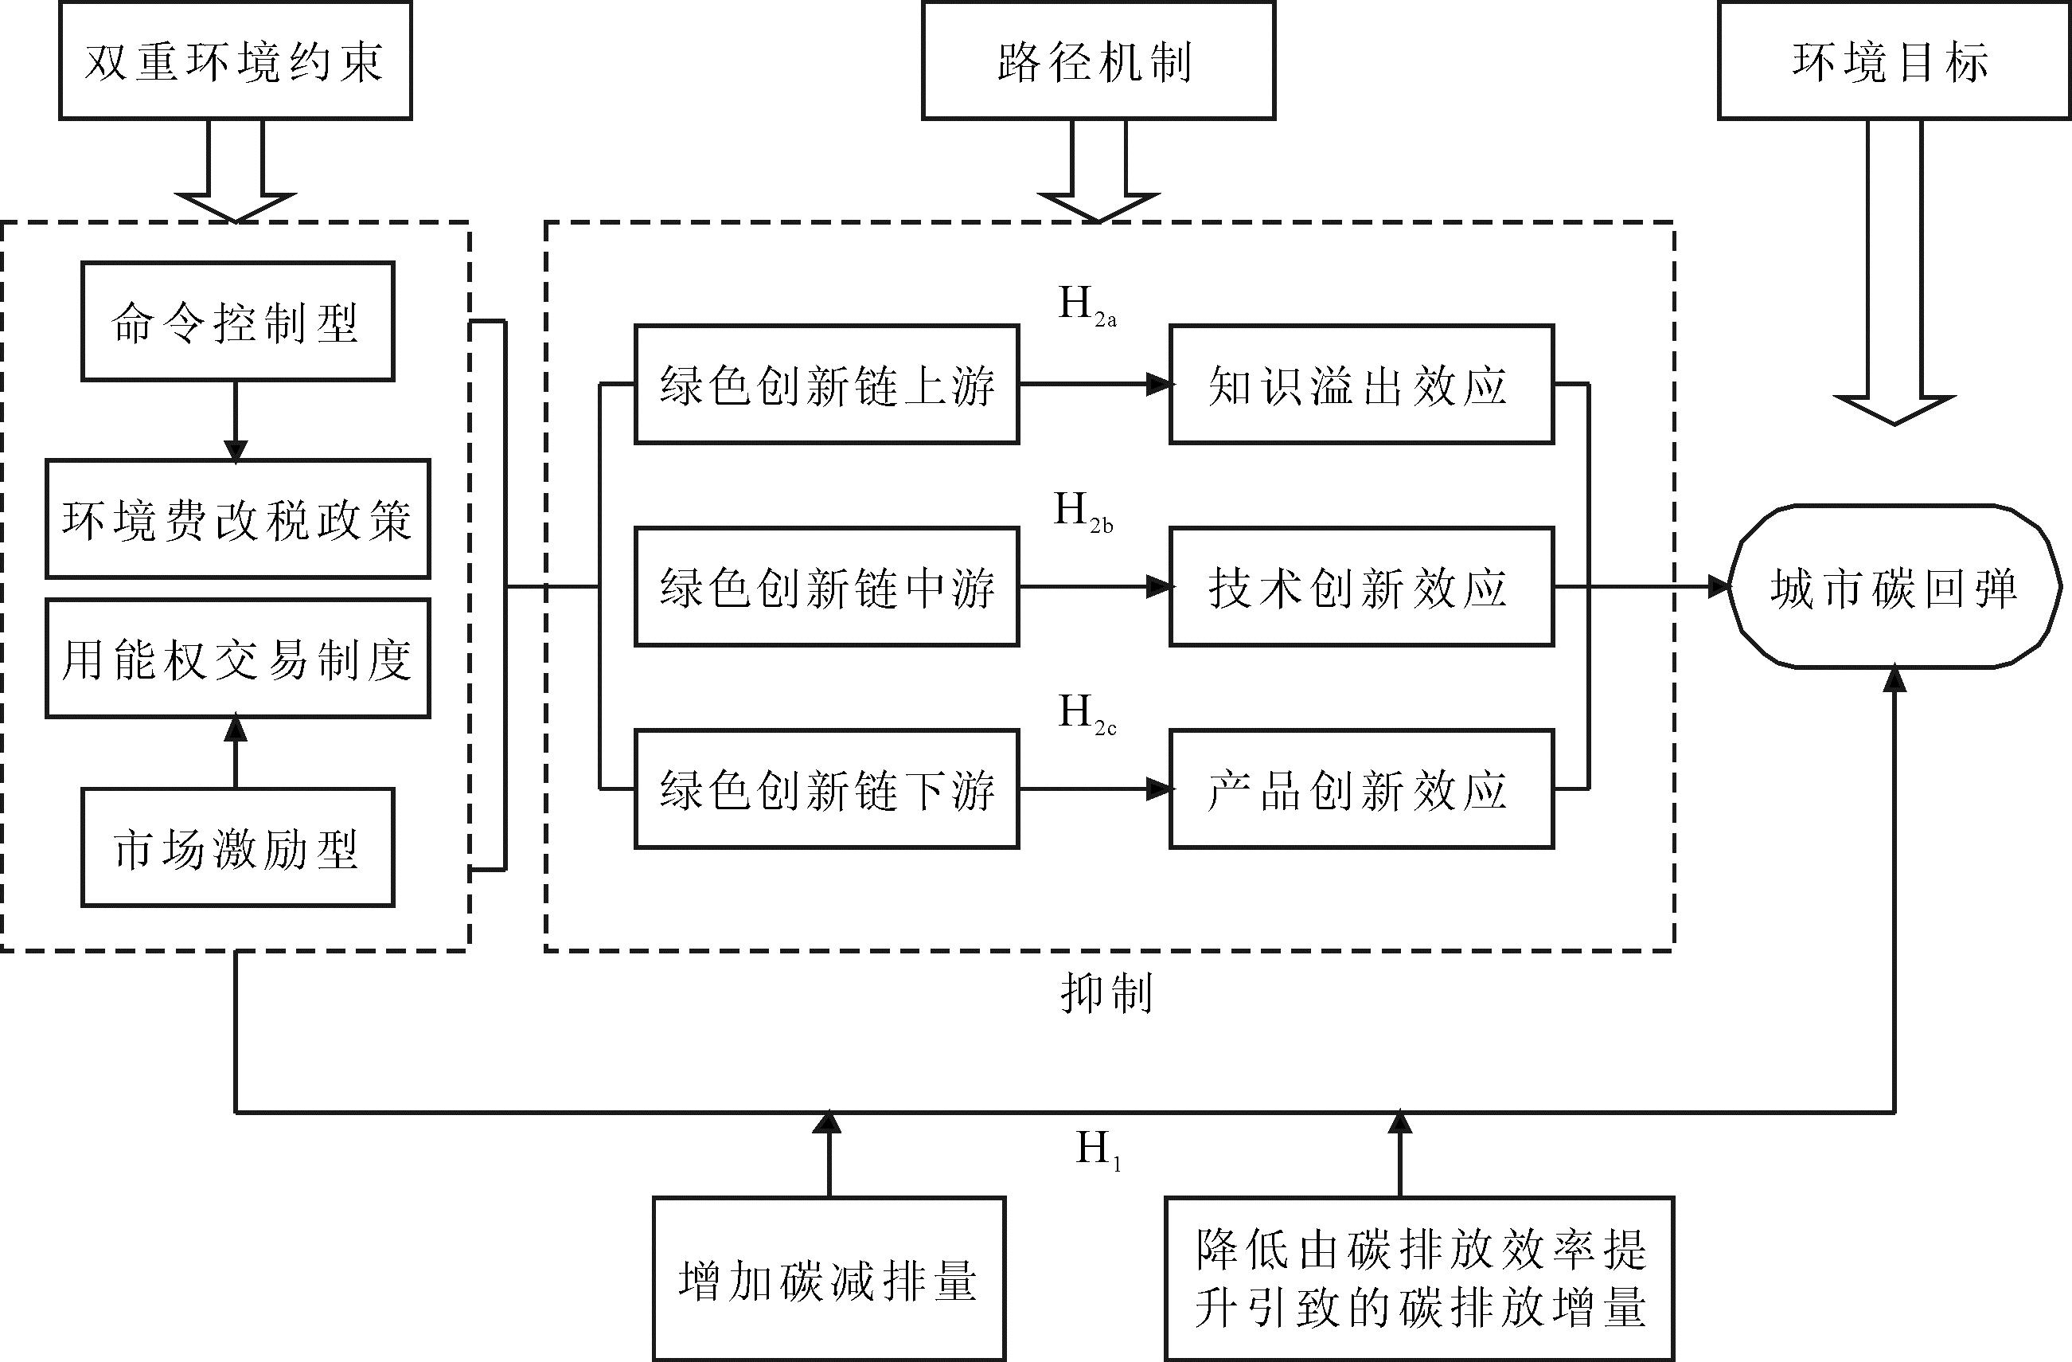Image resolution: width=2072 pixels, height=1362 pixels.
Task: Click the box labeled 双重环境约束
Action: [235, 61]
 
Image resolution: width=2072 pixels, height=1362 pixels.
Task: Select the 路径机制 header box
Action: [1098, 61]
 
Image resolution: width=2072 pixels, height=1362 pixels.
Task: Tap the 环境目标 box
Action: [1894, 61]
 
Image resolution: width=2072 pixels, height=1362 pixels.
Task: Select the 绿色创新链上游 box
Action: [826, 384]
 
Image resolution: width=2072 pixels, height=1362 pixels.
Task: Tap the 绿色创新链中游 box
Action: [826, 586]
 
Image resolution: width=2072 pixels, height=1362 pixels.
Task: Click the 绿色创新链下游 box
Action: [826, 789]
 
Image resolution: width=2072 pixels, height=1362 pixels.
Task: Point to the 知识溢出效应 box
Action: [1360, 384]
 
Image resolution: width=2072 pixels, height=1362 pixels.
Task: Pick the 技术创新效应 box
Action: [1360, 586]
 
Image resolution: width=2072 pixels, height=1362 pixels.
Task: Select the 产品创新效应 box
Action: [1360, 789]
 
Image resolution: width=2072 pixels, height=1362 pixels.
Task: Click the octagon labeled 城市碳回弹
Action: [1894, 587]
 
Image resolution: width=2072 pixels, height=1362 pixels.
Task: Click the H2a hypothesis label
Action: [1085, 306]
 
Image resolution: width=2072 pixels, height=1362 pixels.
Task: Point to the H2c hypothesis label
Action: [1085, 714]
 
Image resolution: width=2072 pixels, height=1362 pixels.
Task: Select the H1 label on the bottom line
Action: [1097, 1150]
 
